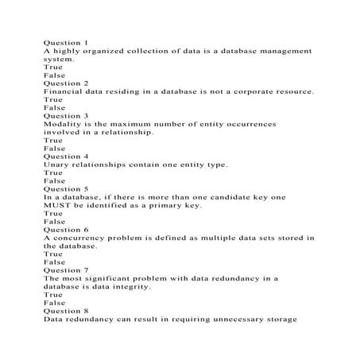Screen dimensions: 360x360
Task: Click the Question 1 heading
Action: (66, 41)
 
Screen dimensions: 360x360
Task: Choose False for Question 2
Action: (55, 107)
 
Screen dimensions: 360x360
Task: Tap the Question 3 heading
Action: (66, 115)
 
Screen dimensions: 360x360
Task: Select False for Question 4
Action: (55, 181)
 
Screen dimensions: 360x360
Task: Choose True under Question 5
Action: (53, 214)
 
